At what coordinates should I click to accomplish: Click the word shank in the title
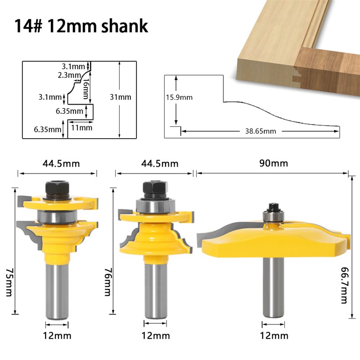pyautogui.click(x=125, y=27)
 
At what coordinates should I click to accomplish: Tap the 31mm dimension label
pyautogui.click(x=121, y=97)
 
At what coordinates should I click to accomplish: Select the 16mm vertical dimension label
pyautogui.click(x=85, y=89)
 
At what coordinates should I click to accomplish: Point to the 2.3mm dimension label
pyautogui.click(x=69, y=75)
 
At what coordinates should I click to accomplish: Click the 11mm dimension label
pyautogui.click(x=81, y=128)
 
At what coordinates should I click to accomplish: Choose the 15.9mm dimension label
pyautogui.click(x=179, y=97)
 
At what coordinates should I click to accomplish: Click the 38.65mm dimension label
pyautogui.click(x=261, y=131)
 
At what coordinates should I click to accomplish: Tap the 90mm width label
pyautogui.click(x=274, y=163)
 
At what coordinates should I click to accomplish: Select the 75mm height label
pyautogui.click(x=9, y=282)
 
